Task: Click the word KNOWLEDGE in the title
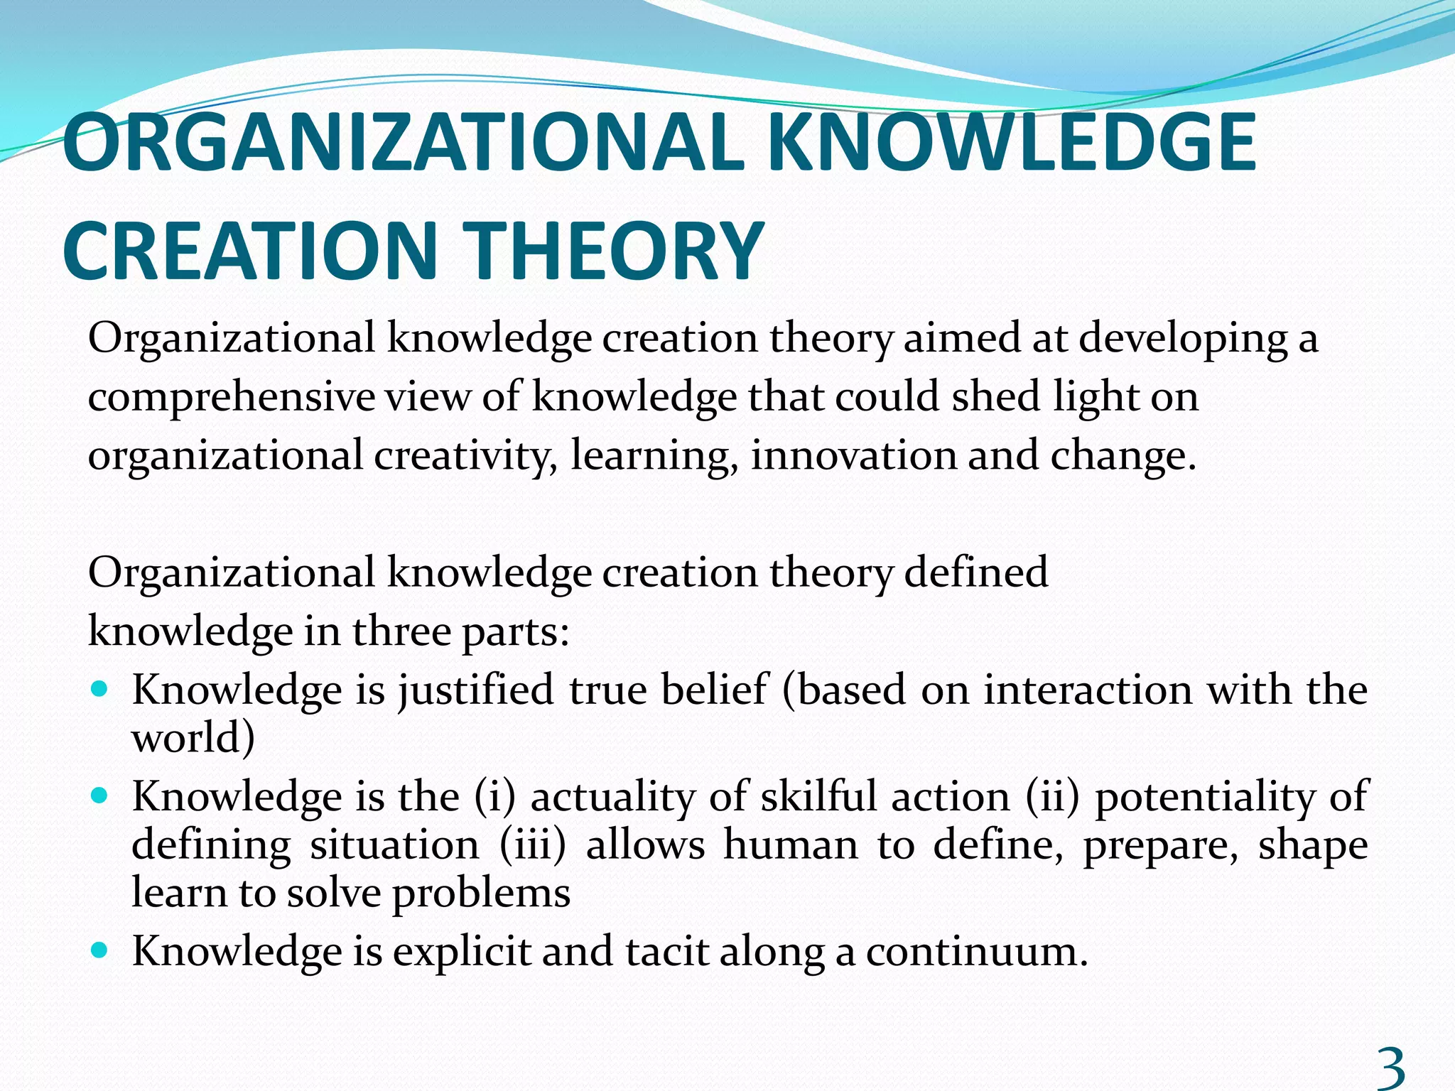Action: click(1012, 143)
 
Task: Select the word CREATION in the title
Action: click(249, 252)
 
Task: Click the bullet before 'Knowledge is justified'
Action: click(100, 689)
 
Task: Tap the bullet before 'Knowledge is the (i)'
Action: click(100, 796)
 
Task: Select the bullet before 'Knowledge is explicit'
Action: click(100, 950)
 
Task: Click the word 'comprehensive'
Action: click(231, 397)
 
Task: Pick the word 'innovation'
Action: click(853, 455)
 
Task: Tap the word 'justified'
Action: click(475, 690)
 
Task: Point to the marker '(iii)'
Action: click(533, 845)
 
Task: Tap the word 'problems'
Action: click(481, 894)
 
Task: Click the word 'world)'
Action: click(193, 738)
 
